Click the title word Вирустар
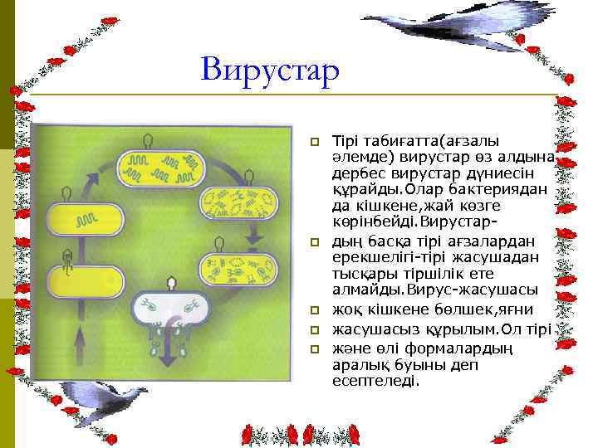pos(271,70)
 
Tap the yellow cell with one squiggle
pos(84,220)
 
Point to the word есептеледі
pos(375,382)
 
